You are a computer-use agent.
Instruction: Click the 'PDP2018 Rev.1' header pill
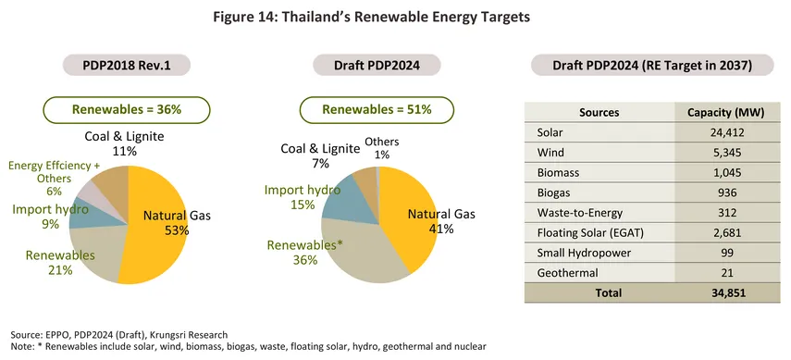[x=127, y=65]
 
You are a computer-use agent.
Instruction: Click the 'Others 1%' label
[x=381, y=146]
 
